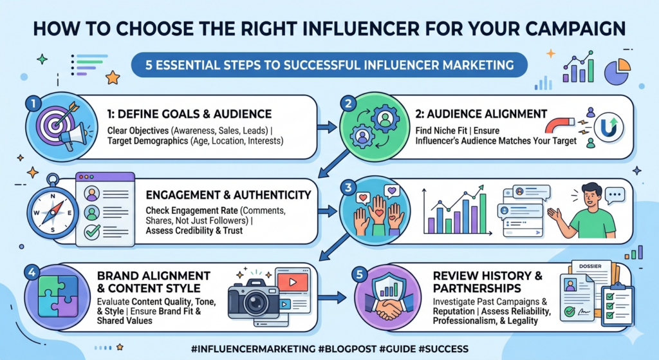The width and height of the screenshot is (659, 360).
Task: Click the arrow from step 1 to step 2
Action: click(x=329, y=127)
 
